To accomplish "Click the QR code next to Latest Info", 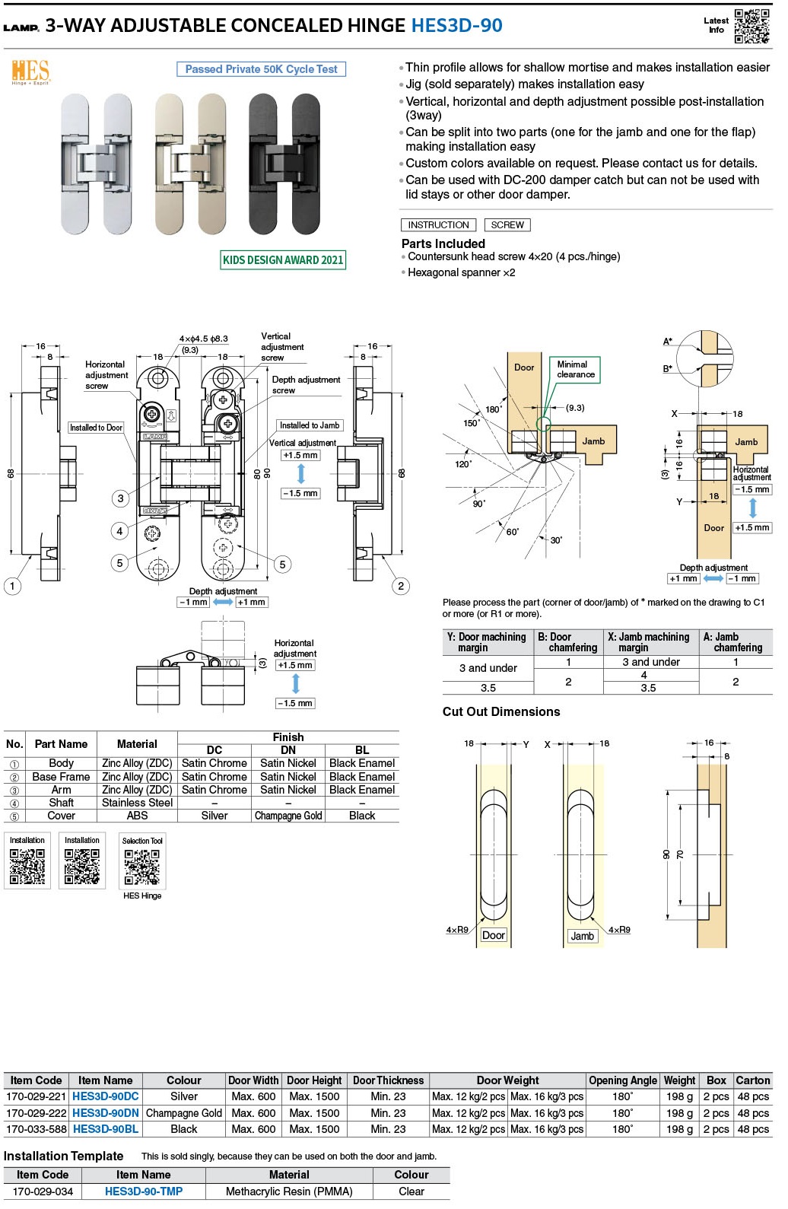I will (x=751, y=27).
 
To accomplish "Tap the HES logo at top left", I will (x=30, y=73).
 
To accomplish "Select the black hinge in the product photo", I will (x=284, y=164).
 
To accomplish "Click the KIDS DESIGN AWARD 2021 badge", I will (x=283, y=260).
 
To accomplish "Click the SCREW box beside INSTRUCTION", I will (x=507, y=225).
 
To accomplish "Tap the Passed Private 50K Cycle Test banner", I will (x=261, y=69).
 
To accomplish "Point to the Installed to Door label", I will (x=96, y=428).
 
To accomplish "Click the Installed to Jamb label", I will (x=310, y=425).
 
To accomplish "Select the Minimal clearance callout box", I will (x=575, y=370).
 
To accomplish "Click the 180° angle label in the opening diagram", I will (x=493, y=409).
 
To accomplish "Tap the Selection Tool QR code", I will (x=142, y=867).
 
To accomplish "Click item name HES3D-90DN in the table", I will (x=106, y=1113).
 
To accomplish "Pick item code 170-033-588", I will (x=37, y=1129).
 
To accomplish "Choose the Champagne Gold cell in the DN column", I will (x=288, y=816).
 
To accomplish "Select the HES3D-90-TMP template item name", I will (x=144, y=1192).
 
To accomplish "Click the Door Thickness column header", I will (x=388, y=1080).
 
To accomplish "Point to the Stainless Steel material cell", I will (x=137, y=803).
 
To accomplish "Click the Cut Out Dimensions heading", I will (x=501, y=712).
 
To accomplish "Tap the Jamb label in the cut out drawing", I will (x=583, y=936).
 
